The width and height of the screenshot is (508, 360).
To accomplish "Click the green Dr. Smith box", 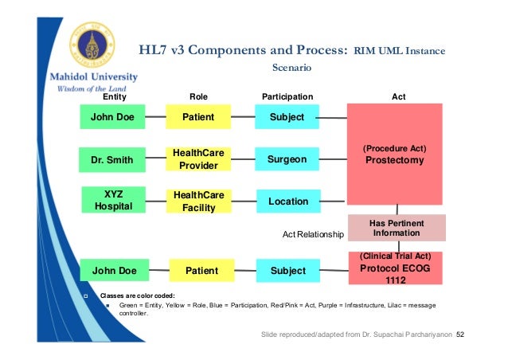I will [112, 159].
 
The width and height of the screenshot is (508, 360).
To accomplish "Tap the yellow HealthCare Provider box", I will [198, 159].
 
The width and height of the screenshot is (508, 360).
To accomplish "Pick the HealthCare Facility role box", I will [198, 201].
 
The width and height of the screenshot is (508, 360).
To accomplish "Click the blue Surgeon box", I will [287, 159].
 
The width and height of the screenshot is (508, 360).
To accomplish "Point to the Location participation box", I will [287, 202].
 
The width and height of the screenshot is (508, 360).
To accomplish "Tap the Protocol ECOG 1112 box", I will [396, 269].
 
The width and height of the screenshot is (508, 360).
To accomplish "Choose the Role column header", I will [198, 97].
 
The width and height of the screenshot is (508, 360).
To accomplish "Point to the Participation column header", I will [287, 97].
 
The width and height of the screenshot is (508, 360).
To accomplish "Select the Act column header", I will [399, 97].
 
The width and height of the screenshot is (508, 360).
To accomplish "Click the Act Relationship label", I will [313, 235].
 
